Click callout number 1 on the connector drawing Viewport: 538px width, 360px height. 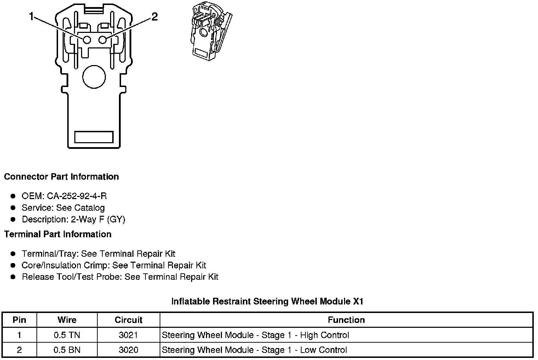tap(32, 17)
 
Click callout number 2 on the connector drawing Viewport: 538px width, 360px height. tap(154, 17)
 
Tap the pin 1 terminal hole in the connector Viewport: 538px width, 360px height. tap(87, 40)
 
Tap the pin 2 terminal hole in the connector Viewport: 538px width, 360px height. tap(103, 40)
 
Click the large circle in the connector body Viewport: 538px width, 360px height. tap(94, 76)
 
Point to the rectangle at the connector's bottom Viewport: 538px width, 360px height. tap(94, 137)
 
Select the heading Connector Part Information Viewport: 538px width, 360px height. tap(61, 177)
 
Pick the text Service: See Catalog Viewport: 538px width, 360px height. tap(63, 208)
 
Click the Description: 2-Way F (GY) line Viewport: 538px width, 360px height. tap(73, 219)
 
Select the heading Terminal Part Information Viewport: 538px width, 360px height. tap(58, 234)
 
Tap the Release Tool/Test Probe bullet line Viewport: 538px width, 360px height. tap(120, 277)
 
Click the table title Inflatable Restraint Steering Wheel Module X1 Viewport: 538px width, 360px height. tap(267, 301)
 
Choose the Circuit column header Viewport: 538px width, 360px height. tap(128, 320)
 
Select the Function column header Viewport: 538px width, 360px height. tap(346, 320)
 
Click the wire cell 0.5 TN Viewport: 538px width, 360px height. tap(67, 335)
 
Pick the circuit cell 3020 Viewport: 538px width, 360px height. tap(128, 350)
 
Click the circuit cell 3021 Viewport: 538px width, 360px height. tap(128, 335)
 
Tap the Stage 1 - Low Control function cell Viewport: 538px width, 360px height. tap(254, 350)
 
